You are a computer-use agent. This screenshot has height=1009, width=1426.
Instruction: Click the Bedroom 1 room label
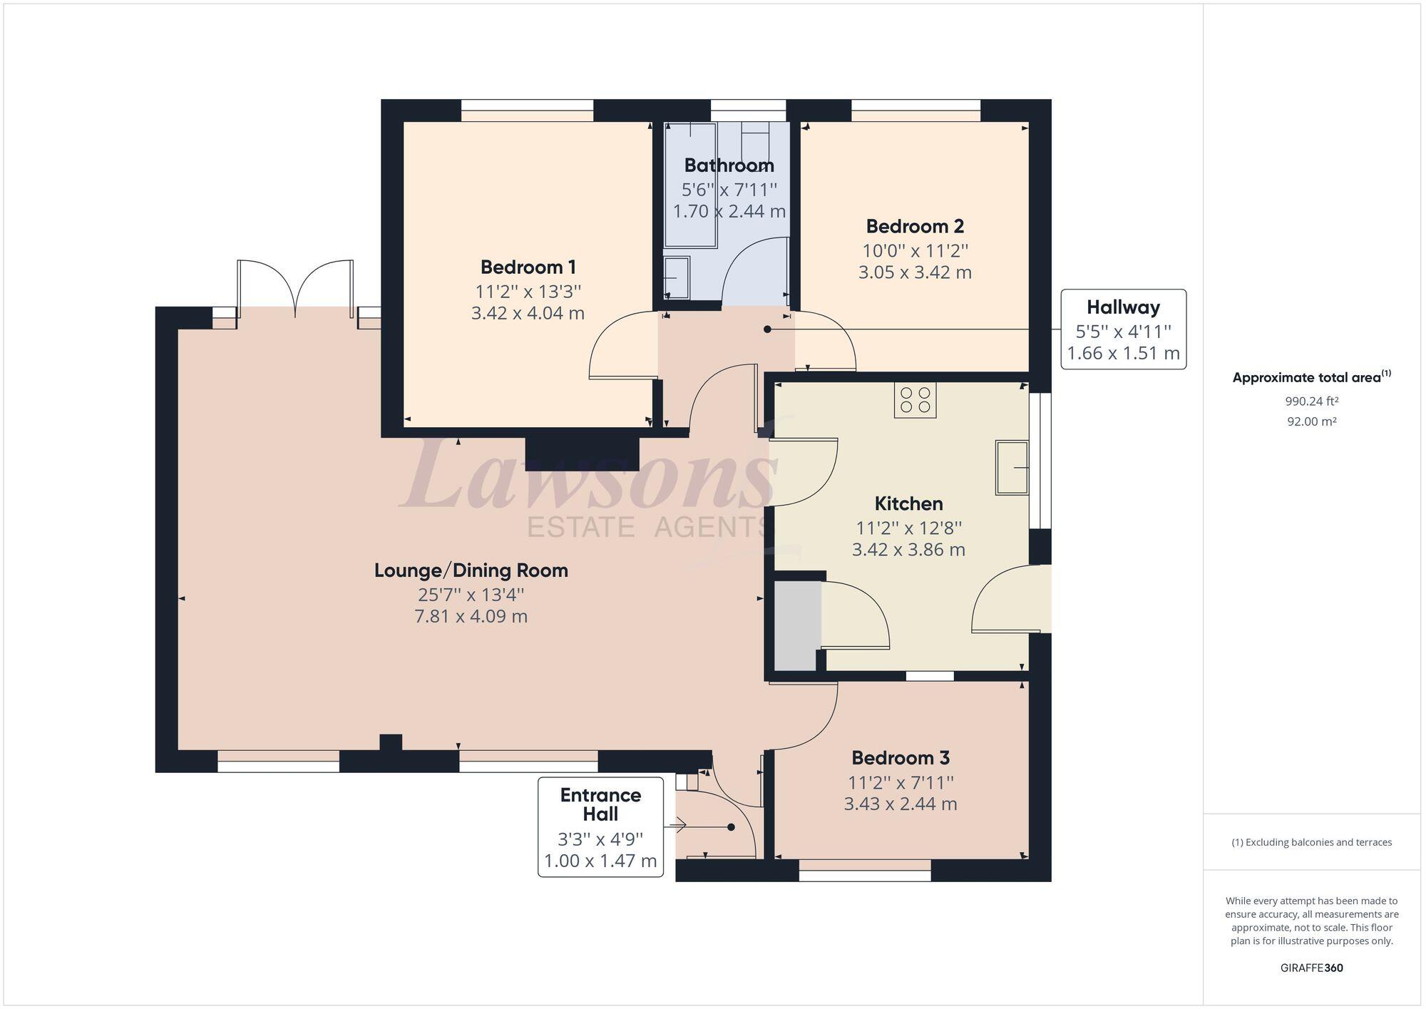tap(528, 267)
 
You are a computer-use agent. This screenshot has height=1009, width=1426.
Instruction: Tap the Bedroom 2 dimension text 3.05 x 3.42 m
tap(915, 272)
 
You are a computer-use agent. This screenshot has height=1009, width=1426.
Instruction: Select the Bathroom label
tap(729, 165)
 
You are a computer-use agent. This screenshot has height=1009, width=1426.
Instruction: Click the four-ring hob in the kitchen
tap(915, 400)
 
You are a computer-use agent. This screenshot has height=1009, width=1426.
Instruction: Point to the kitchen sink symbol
tap(1012, 467)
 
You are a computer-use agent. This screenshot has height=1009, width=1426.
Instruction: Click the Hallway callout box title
tap(1123, 307)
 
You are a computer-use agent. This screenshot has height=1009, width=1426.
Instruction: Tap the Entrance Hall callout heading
tap(600, 804)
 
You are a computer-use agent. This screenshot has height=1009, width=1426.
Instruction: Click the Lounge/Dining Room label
tap(471, 570)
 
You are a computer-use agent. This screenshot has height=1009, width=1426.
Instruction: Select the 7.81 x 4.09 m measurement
tap(471, 616)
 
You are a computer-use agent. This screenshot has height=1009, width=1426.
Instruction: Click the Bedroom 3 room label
tap(900, 757)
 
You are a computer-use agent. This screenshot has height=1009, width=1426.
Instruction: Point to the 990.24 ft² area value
tap(1311, 401)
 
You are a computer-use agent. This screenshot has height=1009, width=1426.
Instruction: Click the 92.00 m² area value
tap(1311, 421)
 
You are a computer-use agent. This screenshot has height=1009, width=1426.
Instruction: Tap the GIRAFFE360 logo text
tap(1311, 968)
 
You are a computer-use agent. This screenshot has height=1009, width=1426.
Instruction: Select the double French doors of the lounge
tap(295, 289)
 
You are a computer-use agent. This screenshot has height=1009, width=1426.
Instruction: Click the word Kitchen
tap(908, 503)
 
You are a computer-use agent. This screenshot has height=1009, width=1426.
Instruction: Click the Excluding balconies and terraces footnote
tap(1311, 842)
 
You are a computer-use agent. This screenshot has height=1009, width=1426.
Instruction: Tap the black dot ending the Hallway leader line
tap(767, 329)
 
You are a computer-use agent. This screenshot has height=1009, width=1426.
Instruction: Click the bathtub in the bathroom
tap(690, 185)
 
